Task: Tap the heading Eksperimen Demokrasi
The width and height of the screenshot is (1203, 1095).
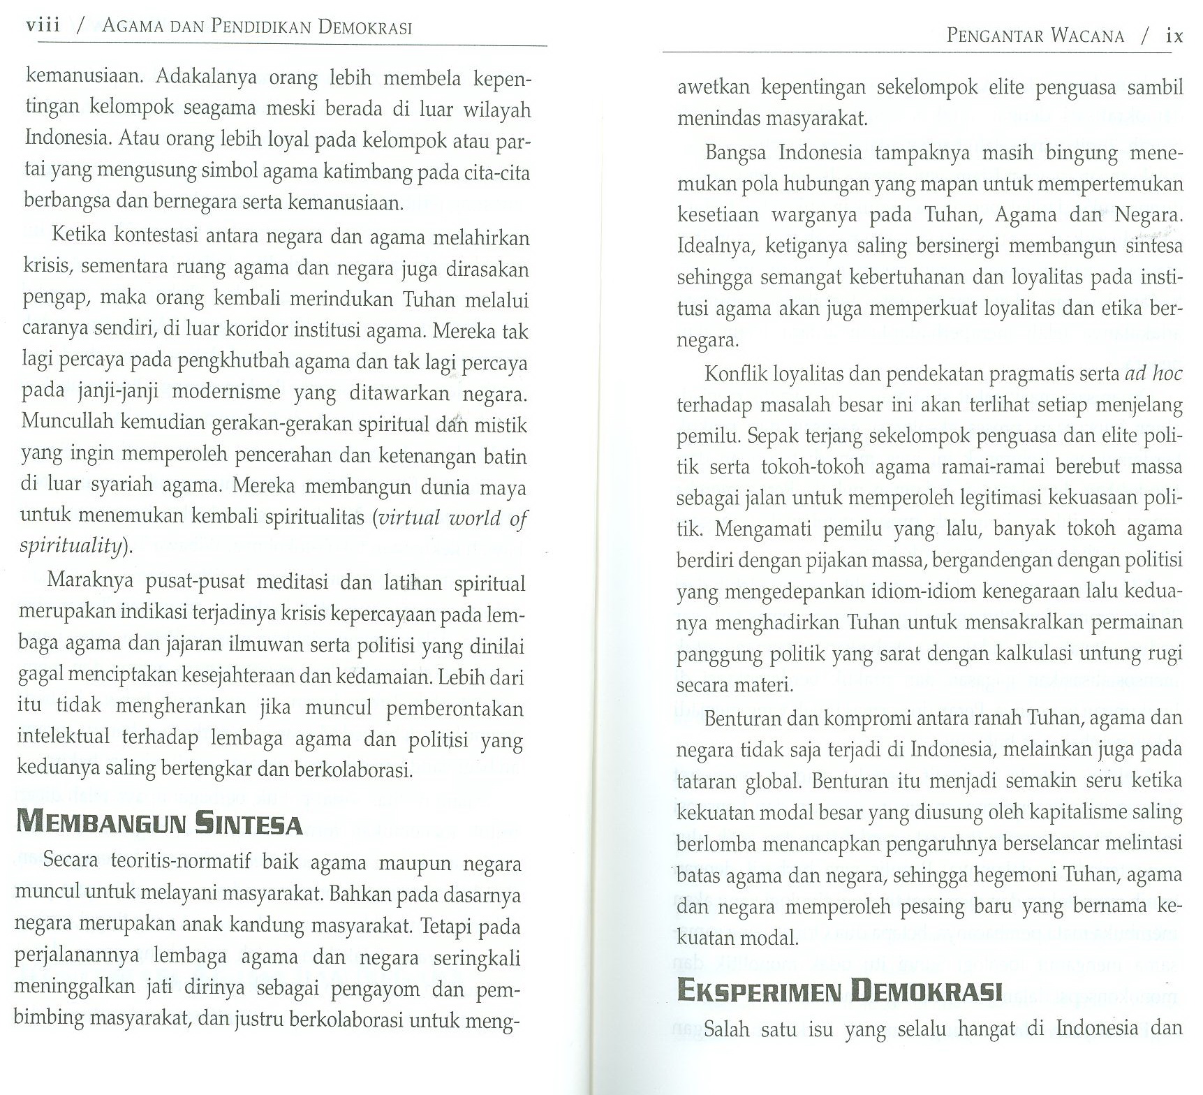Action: tap(839, 991)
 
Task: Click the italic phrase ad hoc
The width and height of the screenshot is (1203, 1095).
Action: tap(1153, 374)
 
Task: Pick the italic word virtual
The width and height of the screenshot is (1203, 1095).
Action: tap(409, 517)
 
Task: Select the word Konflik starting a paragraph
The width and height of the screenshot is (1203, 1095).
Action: tap(734, 374)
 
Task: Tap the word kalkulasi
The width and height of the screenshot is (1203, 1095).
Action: tap(1026, 654)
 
